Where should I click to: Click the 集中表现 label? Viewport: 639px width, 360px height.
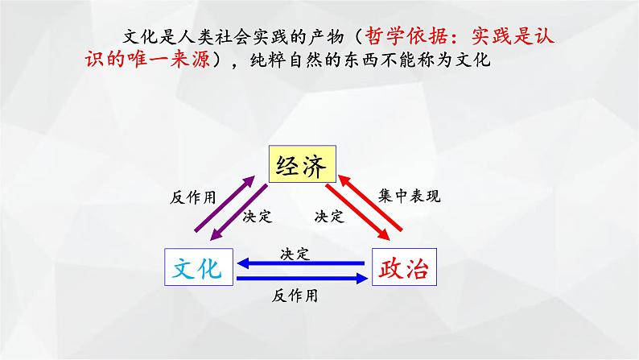(x=410, y=195)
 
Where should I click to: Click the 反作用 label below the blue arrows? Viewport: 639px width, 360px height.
(x=296, y=296)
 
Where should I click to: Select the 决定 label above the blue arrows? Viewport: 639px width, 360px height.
(x=295, y=253)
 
